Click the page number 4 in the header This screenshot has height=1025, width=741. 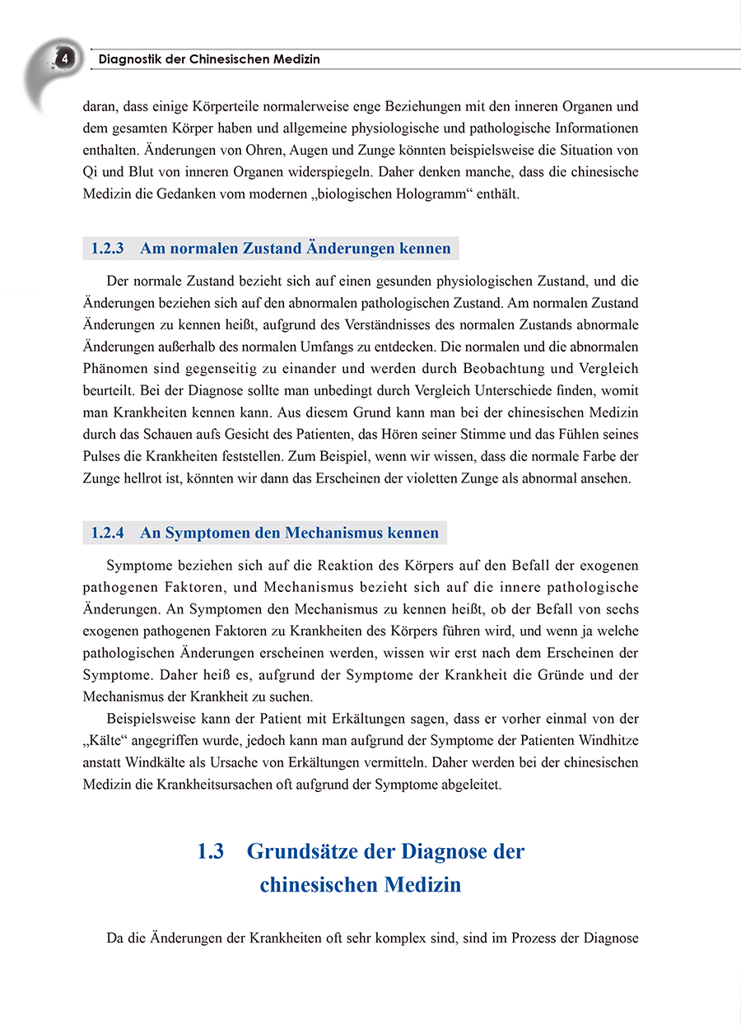coord(64,59)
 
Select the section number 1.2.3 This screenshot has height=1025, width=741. coord(108,248)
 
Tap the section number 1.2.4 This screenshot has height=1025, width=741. coord(108,533)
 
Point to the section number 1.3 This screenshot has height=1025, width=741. coord(211,850)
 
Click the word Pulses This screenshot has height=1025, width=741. coord(102,456)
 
